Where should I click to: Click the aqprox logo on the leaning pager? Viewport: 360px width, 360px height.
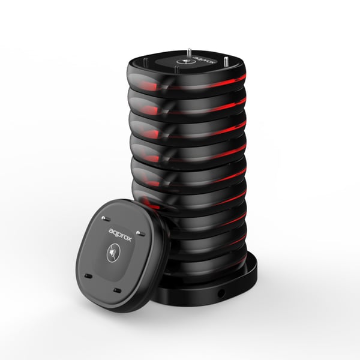pyautogui.click(x=120, y=235)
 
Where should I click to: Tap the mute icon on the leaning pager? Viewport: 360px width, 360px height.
pyautogui.click(x=113, y=253)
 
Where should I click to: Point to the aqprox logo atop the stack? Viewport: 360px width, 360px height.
pyautogui.click(x=205, y=60)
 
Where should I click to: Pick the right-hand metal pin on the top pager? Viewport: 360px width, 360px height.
pyautogui.click(x=225, y=62)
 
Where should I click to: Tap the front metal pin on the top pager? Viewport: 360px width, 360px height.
pyautogui.click(x=176, y=70)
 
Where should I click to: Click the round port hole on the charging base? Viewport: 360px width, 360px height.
pyautogui.click(x=221, y=293)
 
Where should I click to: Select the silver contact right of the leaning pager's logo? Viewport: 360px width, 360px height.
pyautogui.click(x=140, y=233)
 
